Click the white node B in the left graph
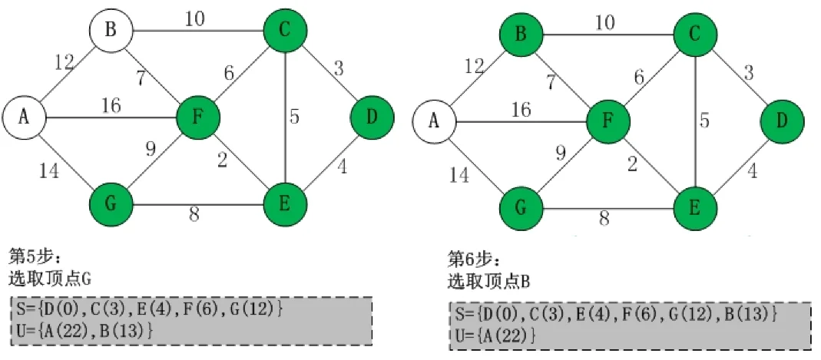(x=111, y=31)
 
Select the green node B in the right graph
(x=521, y=35)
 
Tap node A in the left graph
(x=24, y=117)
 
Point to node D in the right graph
(x=782, y=121)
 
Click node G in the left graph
(x=111, y=205)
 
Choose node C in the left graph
(x=285, y=31)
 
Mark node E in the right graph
(x=695, y=208)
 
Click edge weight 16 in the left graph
(x=111, y=105)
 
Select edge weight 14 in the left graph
(x=48, y=171)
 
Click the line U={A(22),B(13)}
(x=84, y=329)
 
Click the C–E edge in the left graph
(x=285, y=117)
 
